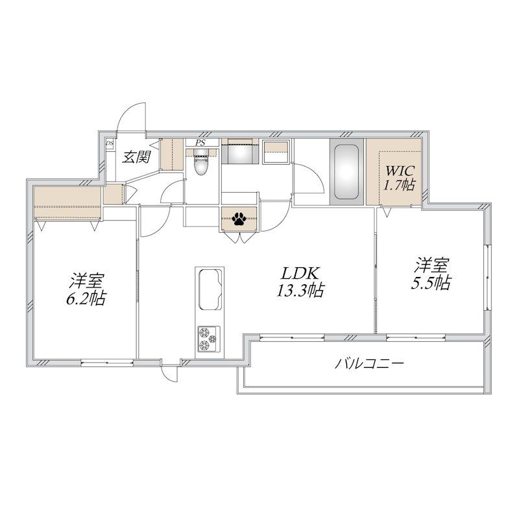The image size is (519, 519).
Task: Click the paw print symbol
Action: point(239,219)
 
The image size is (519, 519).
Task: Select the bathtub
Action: point(346,172)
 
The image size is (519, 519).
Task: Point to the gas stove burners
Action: point(209,339)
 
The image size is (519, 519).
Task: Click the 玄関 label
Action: point(136,156)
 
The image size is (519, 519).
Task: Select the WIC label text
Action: point(400,171)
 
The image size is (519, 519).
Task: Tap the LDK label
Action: point(300,273)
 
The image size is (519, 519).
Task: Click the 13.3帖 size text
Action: point(300,290)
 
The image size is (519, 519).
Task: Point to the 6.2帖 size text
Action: point(86,298)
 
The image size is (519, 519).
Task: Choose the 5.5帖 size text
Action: point(431,283)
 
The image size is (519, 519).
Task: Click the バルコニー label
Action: point(369,364)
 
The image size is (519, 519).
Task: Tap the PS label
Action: point(200,143)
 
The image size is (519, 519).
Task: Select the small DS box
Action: point(110,143)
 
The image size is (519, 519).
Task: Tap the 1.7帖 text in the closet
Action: point(400,185)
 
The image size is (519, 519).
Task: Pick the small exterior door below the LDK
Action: point(171,372)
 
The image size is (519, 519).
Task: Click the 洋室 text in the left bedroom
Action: point(86,281)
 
